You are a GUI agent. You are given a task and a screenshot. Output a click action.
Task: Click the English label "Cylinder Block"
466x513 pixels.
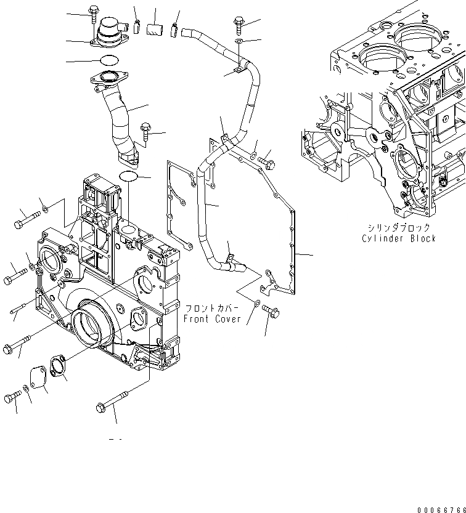399,238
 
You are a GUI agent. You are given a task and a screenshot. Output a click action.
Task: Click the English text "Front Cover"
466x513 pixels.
212,319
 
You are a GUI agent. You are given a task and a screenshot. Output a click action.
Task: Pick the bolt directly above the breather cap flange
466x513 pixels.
93,13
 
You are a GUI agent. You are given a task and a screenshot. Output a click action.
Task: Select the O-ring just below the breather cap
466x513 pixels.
108,60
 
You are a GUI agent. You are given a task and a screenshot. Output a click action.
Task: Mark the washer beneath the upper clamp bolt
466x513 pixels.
239,42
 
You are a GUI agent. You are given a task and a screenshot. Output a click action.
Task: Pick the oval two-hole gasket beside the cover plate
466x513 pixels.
58,367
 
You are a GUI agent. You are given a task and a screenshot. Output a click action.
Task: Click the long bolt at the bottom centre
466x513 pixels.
111,404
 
